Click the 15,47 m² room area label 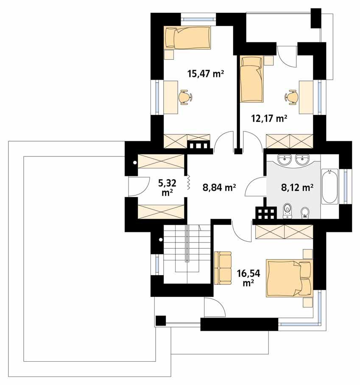point(206,74)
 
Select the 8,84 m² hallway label point(219,187)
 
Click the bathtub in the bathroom point(329,187)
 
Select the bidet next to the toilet point(305,212)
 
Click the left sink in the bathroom point(284,159)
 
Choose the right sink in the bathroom point(302,159)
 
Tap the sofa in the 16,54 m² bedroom point(222,268)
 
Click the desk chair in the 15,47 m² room point(184,97)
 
